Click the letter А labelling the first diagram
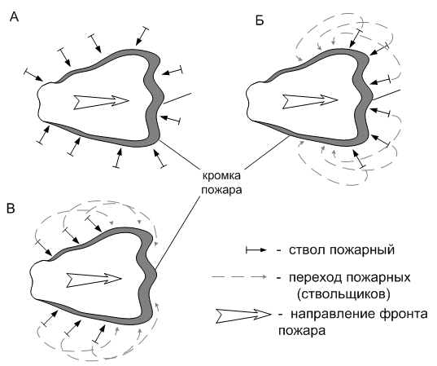(x=14, y=17)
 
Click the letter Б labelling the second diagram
(x=260, y=20)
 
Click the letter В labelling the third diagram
(x=11, y=208)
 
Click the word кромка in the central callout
(x=221, y=176)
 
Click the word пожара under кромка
(x=221, y=190)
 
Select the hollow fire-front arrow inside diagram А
(x=101, y=102)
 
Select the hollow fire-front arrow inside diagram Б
(x=310, y=101)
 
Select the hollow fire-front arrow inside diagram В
(x=94, y=280)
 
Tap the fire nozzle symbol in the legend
(x=256, y=250)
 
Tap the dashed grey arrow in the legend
(x=239, y=276)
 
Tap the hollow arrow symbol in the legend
(x=243, y=315)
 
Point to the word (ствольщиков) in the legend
(x=343, y=294)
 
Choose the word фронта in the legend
(x=404, y=315)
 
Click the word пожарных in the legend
(x=378, y=278)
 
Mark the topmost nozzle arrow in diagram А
(x=142, y=36)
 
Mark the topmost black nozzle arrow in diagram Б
(x=356, y=38)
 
